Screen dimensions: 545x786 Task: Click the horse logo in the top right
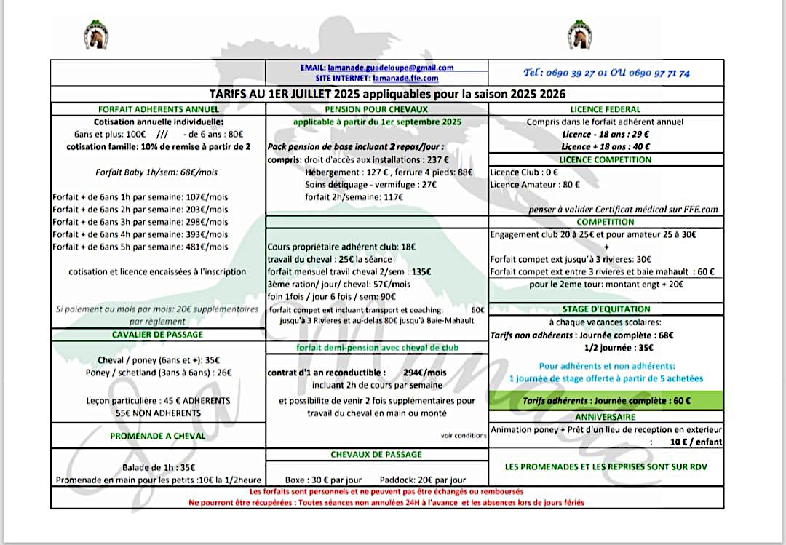click(x=580, y=32)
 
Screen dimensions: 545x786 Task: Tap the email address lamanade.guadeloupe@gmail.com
click(x=391, y=68)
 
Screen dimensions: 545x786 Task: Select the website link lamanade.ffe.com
click(x=405, y=78)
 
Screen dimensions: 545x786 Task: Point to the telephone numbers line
click(x=606, y=73)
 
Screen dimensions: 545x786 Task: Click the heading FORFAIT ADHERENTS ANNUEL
click(x=158, y=109)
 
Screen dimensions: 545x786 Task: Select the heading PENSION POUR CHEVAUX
click(x=377, y=109)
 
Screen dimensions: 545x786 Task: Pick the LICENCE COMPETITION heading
click(x=606, y=159)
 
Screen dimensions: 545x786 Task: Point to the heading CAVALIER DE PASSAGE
click(x=158, y=334)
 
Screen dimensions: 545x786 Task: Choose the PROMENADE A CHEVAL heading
click(x=158, y=436)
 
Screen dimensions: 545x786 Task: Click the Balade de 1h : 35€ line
click(x=158, y=467)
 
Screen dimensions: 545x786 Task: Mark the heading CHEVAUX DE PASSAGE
click(x=376, y=454)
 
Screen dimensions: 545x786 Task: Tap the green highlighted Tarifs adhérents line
click(x=606, y=400)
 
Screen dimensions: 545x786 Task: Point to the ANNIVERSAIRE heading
click(x=606, y=417)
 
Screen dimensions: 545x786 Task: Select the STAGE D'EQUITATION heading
click(x=606, y=309)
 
